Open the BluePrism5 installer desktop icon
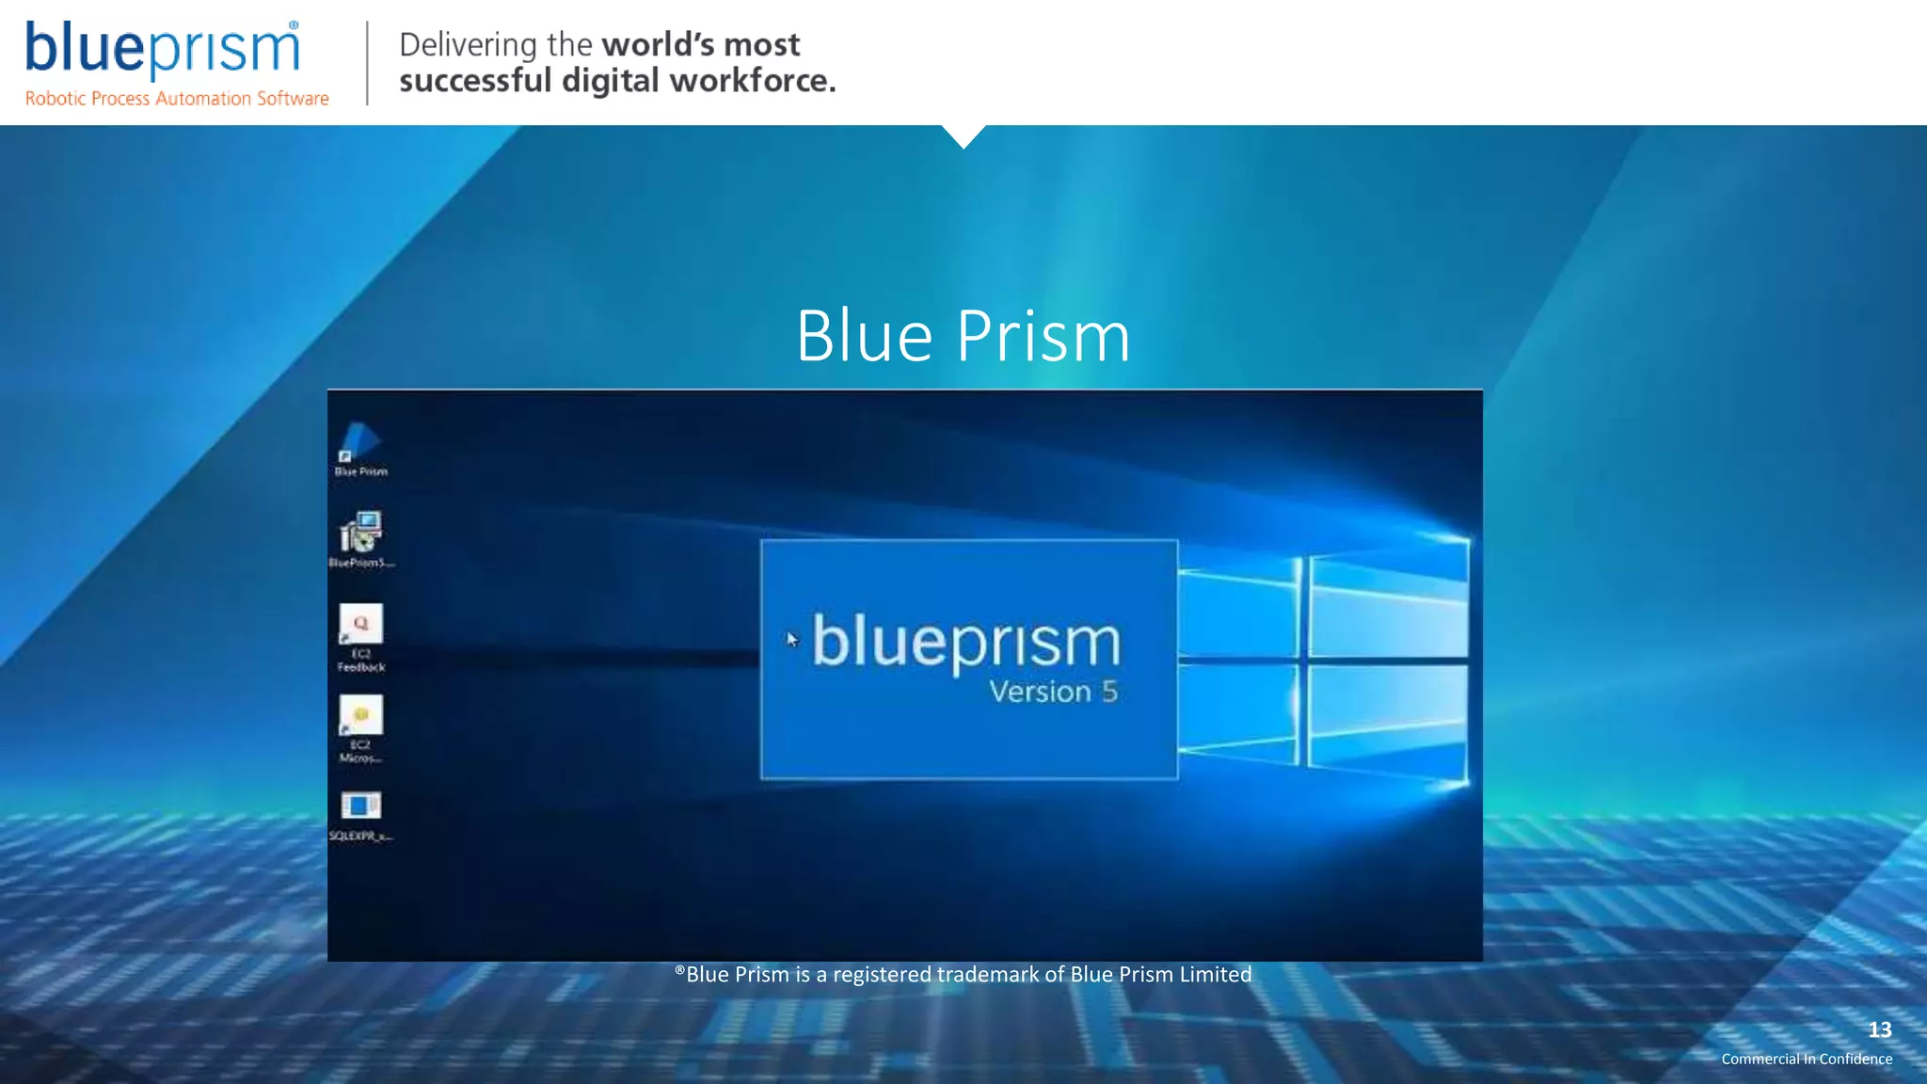tap(360, 534)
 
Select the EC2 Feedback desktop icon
tap(360, 624)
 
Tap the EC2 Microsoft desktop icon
tap(360, 716)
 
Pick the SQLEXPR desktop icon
tap(360, 806)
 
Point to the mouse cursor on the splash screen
tap(791, 639)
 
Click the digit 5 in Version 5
tap(1109, 692)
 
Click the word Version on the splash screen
tap(1040, 692)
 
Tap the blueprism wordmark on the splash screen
tap(966, 643)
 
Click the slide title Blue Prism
tap(963, 336)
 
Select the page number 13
tap(1879, 1029)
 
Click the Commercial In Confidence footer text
tap(1807, 1059)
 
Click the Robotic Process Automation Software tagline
tap(177, 99)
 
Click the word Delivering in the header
tap(468, 44)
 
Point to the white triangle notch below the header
tap(963, 135)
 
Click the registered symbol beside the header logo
tap(294, 25)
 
